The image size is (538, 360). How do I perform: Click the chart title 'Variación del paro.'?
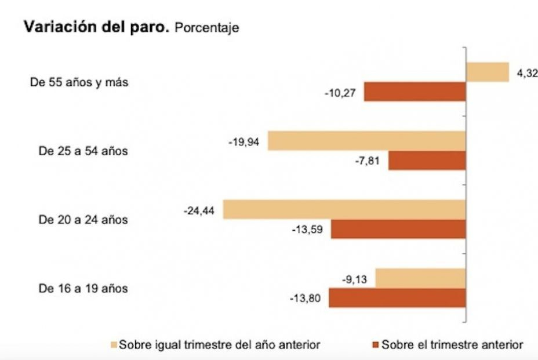click(96, 28)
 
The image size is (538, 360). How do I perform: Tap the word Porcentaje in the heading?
click(206, 28)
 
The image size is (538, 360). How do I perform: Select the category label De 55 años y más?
click(79, 82)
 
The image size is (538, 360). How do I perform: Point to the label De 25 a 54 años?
click(83, 151)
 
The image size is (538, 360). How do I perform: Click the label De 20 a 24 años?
click(83, 220)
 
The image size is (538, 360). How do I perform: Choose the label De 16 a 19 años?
click(83, 288)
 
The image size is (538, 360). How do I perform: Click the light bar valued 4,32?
click(488, 72)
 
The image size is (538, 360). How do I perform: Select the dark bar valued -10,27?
click(415, 92)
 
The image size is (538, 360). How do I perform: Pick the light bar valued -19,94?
click(366, 141)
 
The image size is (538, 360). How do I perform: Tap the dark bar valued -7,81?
click(427, 161)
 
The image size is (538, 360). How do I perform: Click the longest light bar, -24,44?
click(344, 209)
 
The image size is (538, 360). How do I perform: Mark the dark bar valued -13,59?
click(398, 229)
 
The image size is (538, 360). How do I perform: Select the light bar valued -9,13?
click(420, 278)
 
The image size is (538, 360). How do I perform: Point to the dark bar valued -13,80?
click(397, 298)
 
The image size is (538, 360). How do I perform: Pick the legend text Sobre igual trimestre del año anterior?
click(220, 345)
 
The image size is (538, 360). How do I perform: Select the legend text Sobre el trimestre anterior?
click(452, 345)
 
